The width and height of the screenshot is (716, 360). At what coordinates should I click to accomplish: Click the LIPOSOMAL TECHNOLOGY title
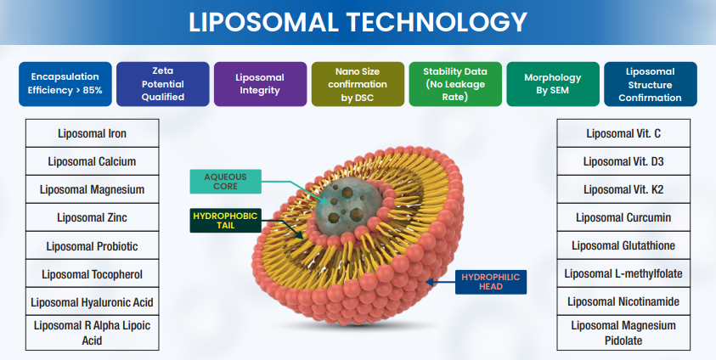click(358, 21)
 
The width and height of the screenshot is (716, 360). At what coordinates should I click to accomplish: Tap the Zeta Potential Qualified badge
click(162, 83)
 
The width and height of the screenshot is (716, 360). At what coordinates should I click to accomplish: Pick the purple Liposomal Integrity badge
click(260, 83)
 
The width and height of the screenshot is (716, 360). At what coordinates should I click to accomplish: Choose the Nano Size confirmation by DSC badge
click(358, 83)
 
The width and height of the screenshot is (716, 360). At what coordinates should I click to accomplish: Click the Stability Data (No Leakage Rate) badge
click(455, 83)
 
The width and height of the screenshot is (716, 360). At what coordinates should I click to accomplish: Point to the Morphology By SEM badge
click(553, 83)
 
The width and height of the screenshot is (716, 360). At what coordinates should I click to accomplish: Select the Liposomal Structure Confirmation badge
click(650, 83)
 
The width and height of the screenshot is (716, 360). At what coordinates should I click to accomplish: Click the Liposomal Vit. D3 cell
click(623, 161)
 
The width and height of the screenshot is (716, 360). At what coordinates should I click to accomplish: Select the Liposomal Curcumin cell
click(623, 217)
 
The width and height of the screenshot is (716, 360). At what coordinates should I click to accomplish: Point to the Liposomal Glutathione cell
click(623, 245)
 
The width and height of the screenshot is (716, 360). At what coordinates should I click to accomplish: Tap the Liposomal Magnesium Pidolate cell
click(623, 333)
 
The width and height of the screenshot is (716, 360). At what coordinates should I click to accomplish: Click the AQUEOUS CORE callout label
click(226, 181)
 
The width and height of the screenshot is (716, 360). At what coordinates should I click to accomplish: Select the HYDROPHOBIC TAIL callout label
click(226, 220)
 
